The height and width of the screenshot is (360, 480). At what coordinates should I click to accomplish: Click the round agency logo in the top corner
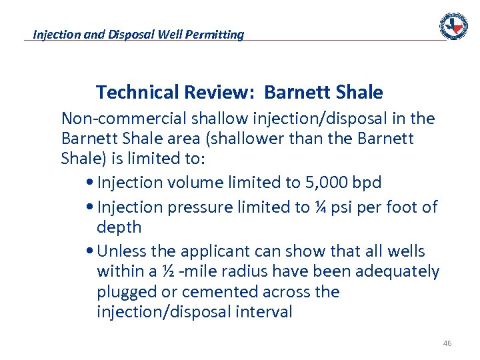pyautogui.click(x=453, y=26)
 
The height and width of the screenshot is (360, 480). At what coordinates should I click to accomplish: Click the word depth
pyautogui.click(x=119, y=227)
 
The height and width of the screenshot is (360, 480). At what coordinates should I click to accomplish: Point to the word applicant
pyautogui.click(x=210, y=251)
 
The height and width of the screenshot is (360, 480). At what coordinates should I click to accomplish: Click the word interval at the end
pyautogui.click(x=263, y=312)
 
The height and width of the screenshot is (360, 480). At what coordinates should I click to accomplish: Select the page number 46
pyautogui.click(x=447, y=343)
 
